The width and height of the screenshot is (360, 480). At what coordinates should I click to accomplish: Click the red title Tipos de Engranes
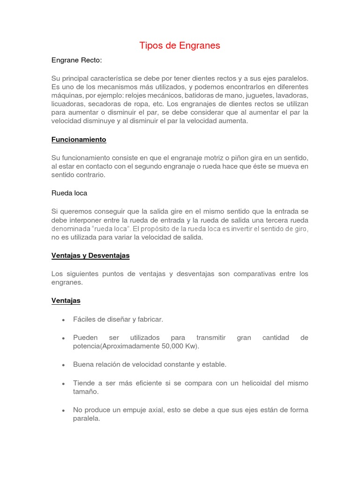coord(180,45)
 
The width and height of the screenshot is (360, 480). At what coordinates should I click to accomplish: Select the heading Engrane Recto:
coord(76,60)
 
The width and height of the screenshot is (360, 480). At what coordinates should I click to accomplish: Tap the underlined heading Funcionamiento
coord(79,140)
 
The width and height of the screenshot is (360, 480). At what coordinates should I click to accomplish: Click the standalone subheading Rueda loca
coord(69,193)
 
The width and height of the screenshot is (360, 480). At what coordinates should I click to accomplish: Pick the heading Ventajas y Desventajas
coord(90,255)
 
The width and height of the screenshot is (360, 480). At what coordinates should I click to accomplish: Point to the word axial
coord(171,410)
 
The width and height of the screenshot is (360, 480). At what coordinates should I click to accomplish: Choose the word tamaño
coord(86,391)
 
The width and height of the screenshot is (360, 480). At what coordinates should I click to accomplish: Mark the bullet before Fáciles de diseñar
coord(62,320)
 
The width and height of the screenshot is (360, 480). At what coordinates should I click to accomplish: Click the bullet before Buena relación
coord(62,365)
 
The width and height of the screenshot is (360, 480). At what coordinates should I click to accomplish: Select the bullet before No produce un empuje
coord(62,410)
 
